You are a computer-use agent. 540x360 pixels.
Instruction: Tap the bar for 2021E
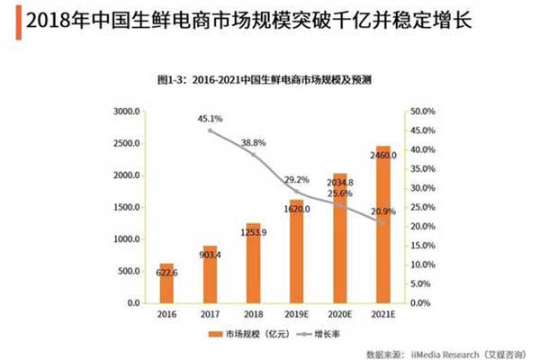[383, 224]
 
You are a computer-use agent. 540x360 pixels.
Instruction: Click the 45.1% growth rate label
[211, 118]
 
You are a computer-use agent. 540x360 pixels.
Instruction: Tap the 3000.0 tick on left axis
[125, 112]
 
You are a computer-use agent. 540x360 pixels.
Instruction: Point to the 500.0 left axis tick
[128, 271]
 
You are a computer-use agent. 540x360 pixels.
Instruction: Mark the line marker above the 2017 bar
[211, 130]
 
